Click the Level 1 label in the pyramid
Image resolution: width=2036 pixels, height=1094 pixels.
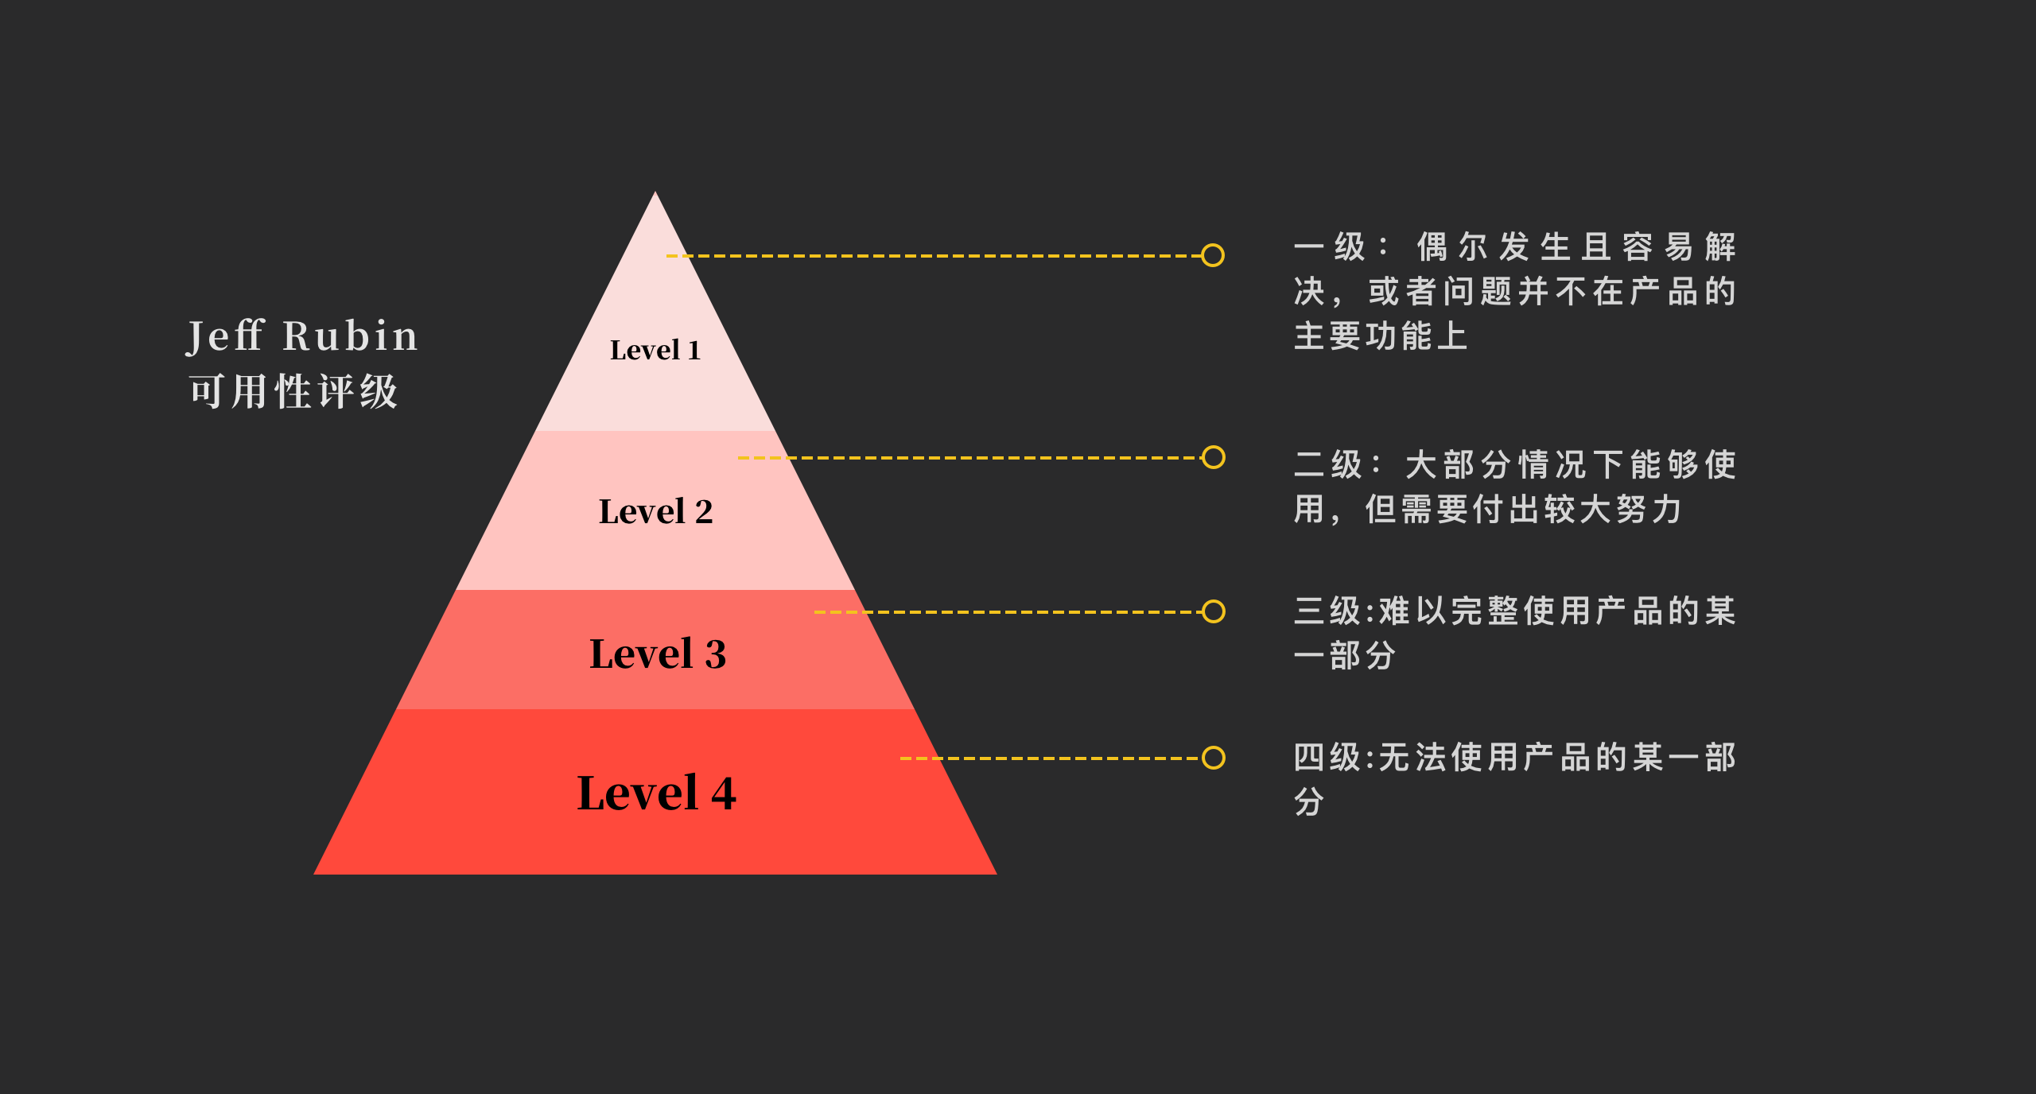click(x=655, y=350)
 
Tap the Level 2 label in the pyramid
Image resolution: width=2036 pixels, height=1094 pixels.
click(x=655, y=511)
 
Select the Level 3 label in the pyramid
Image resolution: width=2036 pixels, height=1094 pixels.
click(x=657, y=654)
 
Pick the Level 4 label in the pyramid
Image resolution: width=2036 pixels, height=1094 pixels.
click(x=656, y=793)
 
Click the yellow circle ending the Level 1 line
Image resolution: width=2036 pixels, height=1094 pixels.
click(x=1213, y=255)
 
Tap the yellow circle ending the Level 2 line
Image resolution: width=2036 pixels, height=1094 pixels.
click(x=1214, y=457)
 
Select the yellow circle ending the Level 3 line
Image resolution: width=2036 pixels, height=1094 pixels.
click(x=1214, y=611)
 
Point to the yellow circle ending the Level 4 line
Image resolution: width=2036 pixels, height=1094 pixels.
click(x=1214, y=758)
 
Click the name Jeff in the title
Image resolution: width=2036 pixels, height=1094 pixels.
click(x=225, y=336)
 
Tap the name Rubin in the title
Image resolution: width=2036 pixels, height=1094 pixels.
click(x=350, y=336)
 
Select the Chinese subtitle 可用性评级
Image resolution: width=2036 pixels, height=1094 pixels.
click(x=293, y=392)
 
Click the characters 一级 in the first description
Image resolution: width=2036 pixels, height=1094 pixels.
click(x=1329, y=247)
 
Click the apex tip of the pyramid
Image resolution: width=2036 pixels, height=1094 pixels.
click(x=655, y=194)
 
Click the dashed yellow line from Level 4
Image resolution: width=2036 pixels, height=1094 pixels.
click(x=1050, y=758)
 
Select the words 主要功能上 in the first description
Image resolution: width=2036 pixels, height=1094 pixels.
click(x=1381, y=336)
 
